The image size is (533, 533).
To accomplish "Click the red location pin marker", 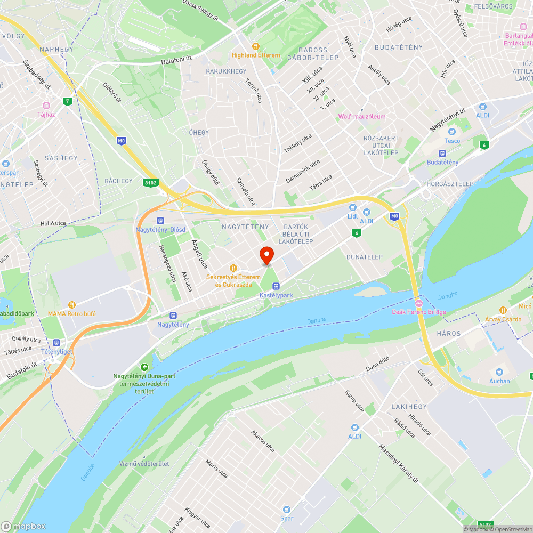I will [x=266, y=255].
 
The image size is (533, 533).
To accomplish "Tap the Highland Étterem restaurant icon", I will [x=255, y=46].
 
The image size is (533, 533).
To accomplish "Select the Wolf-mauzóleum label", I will [x=362, y=116].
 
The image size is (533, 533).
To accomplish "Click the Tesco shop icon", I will [x=452, y=132].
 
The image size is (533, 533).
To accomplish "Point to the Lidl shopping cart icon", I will [x=352, y=207].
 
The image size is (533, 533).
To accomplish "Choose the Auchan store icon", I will [x=499, y=372].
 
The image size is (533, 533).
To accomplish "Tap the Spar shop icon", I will [x=287, y=509].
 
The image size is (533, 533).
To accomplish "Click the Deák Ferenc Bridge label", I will [x=418, y=312].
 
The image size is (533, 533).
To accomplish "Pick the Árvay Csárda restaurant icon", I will [x=503, y=310].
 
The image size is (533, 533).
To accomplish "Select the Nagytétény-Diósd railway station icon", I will [x=160, y=221].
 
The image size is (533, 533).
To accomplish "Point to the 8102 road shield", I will [x=151, y=183].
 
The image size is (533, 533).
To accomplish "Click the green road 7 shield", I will [x=67, y=101].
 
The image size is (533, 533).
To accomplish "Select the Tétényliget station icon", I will [x=56, y=343].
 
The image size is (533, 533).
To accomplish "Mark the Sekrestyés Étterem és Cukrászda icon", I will [x=233, y=268].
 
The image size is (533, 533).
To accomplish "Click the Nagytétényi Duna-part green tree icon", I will [x=144, y=367].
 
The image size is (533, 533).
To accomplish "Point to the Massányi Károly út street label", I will [x=399, y=464].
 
